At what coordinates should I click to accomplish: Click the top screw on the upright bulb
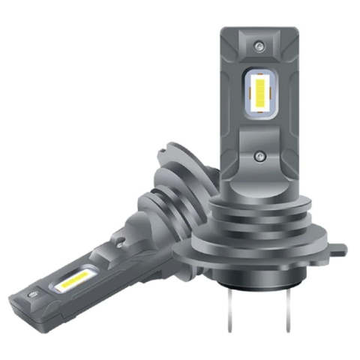[259, 46]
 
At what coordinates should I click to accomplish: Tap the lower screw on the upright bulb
[259, 154]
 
